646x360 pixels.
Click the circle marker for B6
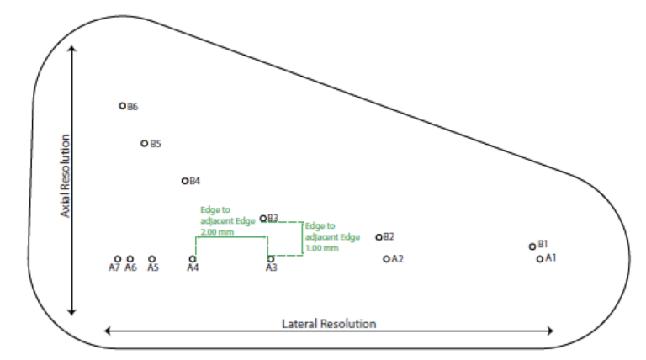122,106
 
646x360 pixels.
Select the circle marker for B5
144,143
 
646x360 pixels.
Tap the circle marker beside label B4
184,180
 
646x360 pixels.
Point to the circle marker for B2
379,237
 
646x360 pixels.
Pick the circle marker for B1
532,246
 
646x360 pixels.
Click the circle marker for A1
539,259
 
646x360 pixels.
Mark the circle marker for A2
386,259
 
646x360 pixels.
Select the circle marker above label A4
193,259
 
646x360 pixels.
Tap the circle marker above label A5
151,259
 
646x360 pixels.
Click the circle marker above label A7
118,259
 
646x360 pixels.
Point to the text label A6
130,268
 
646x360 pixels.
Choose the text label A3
271,268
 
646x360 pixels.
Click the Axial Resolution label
64,176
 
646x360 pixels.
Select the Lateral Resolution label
328,324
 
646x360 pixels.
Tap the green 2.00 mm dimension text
216,231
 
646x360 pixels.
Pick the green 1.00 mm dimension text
322,248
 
